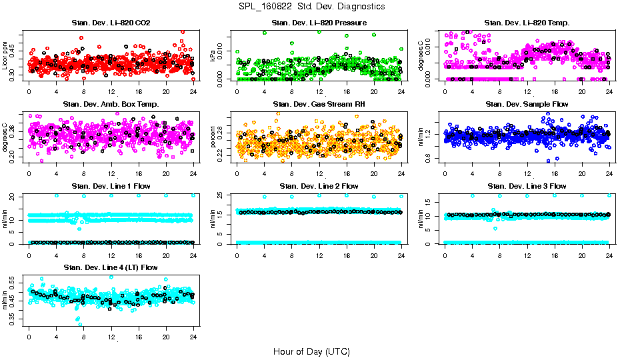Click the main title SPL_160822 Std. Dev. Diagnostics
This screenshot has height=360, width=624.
pyautogui.click(x=311, y=7)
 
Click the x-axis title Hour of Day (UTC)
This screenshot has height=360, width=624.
pyautogui.click(x=311, y=351)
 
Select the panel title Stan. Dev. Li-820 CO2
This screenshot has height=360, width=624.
pyautogui.click(x=111, y=23)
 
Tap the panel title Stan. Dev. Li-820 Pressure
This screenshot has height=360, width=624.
pyautogui.click(x=319, y=23)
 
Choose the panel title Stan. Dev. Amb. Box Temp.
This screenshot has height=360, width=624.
pyautogui.click(x=111, y=104)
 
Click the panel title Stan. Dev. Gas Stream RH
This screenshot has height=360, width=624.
pyautogui.click(x=319, y=104)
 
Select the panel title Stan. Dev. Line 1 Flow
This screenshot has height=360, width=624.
pyautogui.click(x=111, y=186)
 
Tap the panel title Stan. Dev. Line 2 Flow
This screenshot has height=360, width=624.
pyautogui.click(x=319, y=186)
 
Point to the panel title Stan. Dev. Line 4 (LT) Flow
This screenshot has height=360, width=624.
pyautogui.click(x=111, y=267)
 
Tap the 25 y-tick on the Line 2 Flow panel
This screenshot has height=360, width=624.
pyautogui.click(x=223, y=195)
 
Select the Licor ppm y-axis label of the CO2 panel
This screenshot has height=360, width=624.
pyautogui.click(x=6, y=56)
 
